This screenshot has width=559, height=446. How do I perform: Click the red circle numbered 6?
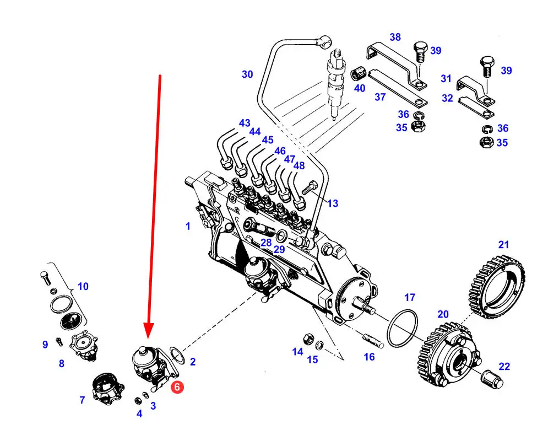click(x=177, y=387)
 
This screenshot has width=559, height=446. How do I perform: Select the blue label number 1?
click(x=188, y=226)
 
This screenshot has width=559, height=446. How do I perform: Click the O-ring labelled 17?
click(x=402, y=328)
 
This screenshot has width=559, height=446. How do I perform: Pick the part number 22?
click(x=504, y=367)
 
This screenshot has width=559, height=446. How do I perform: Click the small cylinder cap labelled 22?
click(x=492, y=380)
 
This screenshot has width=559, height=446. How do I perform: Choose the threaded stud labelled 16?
click(x=373, y=340)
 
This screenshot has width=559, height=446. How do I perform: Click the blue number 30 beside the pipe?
click(x=247, y=74)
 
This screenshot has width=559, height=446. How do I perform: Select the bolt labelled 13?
click(x=310, y=187)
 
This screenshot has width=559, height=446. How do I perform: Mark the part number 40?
click(x=359, y=88)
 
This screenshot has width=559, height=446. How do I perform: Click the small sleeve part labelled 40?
click(x=357, y=74)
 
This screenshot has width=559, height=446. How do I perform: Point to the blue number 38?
click(x=395, y=37)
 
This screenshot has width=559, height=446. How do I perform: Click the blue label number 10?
click(x=83, y=286)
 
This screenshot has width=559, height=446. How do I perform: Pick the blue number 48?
click(x=299, y=165)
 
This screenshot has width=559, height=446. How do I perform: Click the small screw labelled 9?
click(x=59, y=342)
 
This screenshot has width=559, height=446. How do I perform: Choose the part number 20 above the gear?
click(x=443, y=314)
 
